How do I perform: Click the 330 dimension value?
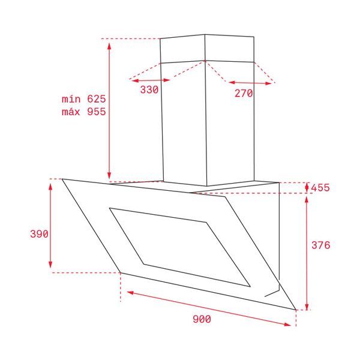(x=149, y=89)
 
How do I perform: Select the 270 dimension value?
(x=244, y=93)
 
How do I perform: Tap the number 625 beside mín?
(x=97, y=99)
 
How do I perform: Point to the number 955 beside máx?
(x=97, y=112)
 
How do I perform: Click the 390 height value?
(x=39, y=234)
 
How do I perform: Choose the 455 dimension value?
(x=320, y=188)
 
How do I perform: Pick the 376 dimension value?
(x=321, y=245)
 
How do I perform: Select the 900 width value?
(x=202, y=319)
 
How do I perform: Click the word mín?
(x=71, y=99)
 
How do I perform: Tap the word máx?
(x=71, y=112)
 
